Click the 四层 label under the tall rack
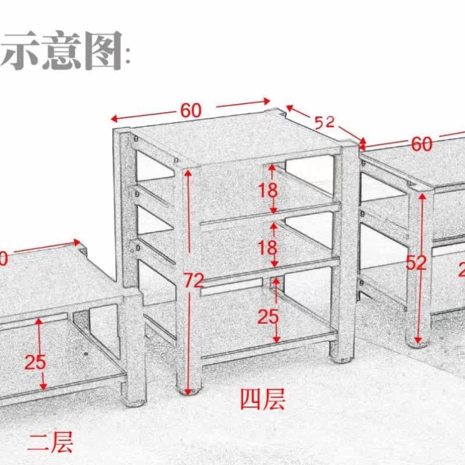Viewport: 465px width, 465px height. (x=263, y=399)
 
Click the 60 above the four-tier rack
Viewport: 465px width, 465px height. (x=191, y=110)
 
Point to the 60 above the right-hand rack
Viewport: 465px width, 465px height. (x=422, y=143)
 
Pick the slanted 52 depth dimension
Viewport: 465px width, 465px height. (x=325, y=121)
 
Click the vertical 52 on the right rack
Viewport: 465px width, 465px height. (x=416, y=263)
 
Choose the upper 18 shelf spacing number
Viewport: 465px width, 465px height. (x=268, y=189)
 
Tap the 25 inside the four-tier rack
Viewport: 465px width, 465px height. (x=268, y=317)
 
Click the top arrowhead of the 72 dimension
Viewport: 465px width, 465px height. (x=187, y=173)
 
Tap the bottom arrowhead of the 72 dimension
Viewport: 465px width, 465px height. (x=187, y=390)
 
